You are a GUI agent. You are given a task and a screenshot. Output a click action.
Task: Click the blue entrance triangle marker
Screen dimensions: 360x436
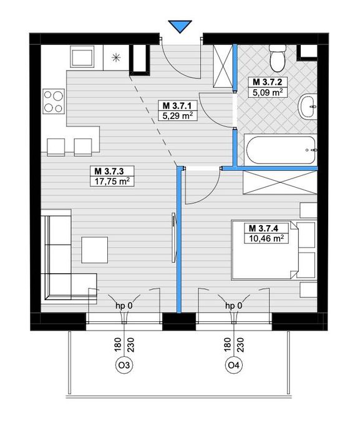[180, 26]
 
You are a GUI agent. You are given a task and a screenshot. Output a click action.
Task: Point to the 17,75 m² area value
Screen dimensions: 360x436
[112, 182]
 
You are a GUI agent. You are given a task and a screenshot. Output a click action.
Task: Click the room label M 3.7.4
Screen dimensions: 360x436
[263, 228]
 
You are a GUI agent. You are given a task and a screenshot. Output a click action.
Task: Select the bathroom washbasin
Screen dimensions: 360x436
[308, 107]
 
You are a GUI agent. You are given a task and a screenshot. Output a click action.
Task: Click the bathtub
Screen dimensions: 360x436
[280, 150]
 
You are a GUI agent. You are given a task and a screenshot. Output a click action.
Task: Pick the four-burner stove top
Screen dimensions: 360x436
[54, 101]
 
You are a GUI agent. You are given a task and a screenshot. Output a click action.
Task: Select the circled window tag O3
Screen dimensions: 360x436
[124, 365]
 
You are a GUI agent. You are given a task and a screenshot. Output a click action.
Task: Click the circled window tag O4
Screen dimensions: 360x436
[234, 365]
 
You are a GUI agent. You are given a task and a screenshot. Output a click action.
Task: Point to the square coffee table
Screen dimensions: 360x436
[95, 249]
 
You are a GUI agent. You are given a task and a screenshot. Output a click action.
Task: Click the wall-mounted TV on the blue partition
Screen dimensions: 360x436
[173, 237]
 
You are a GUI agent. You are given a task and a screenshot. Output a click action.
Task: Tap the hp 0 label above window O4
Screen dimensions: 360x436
[234, 306]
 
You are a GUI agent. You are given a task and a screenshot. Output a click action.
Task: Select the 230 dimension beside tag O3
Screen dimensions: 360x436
[130, 345]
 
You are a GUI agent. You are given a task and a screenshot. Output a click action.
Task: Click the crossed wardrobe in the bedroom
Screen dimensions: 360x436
[280, 182]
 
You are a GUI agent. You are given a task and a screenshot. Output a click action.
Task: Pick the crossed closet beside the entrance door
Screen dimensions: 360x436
[223, 67]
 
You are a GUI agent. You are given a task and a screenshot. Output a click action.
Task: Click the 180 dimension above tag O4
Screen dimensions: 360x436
[228, 345]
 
